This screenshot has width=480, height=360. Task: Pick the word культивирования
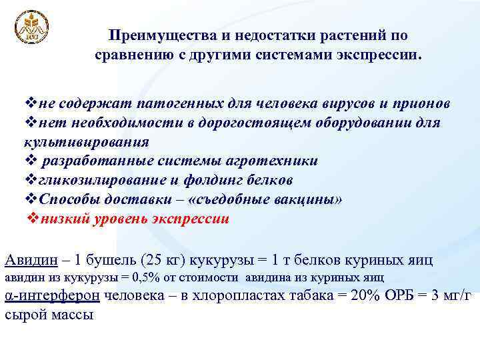pos(87,142)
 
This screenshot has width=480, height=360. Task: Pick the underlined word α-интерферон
pos(53,296)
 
